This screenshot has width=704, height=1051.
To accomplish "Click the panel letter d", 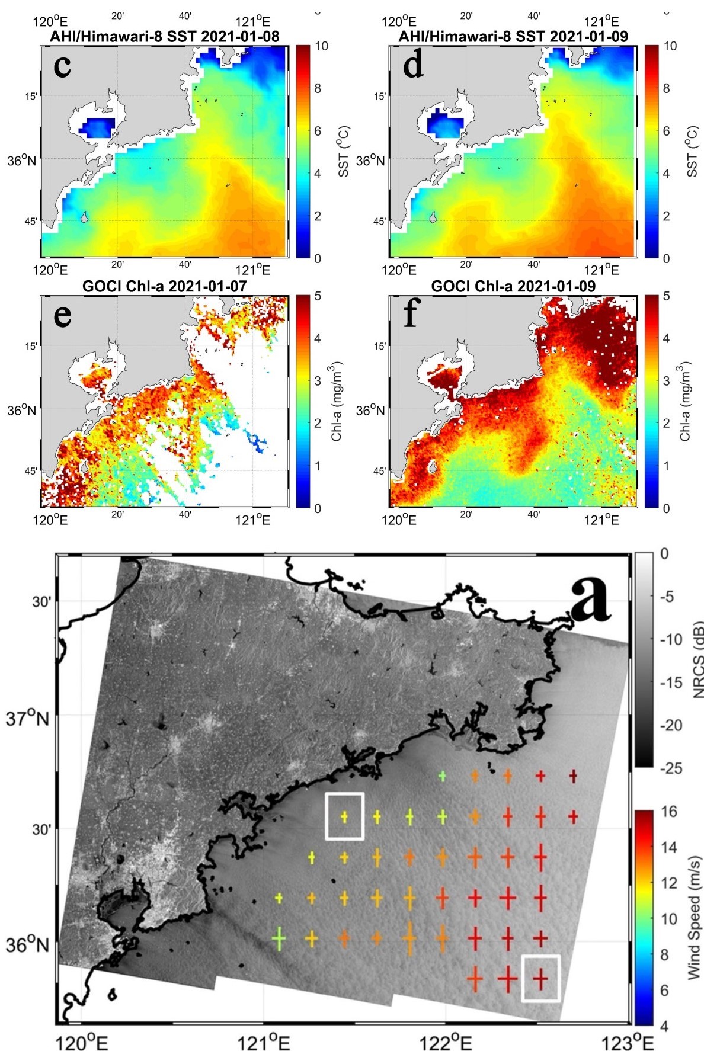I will click(413, 65).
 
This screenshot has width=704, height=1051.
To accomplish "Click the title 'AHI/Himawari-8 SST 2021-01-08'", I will click(164, 36).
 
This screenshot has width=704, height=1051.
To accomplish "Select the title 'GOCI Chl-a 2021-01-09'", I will click(513, 286).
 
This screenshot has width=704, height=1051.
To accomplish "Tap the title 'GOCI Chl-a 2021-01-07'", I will click(164, 286).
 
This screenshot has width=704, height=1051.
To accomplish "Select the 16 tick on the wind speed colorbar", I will click(668, 812).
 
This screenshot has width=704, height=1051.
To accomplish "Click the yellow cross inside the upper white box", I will click(344, 816).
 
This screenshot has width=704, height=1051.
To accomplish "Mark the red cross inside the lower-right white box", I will click(540, 978).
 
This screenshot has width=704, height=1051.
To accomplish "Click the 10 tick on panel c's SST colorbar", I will click(321, 46).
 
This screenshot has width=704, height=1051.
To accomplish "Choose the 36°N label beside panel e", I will click(21, 410).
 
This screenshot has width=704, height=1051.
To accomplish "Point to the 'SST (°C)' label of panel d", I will click(692, 151).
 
